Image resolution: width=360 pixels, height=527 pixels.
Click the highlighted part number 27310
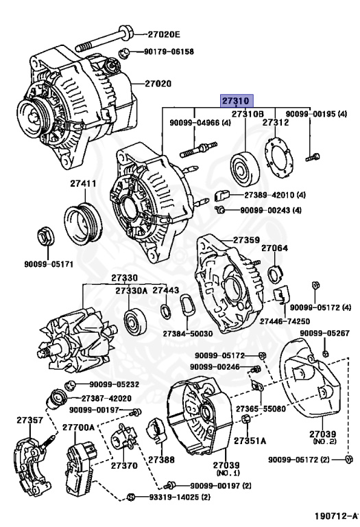coord(236,100)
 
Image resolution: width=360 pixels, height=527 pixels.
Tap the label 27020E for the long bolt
coord(164,34)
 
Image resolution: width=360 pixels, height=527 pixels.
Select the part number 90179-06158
coord(169,51)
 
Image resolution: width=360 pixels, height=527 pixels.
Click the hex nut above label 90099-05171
coord(45,236)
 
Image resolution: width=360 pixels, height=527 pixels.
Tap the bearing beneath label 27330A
coord(135,323)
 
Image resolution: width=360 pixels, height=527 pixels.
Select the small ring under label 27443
coord(165,312)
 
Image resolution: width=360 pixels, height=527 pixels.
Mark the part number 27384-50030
coord(188,333)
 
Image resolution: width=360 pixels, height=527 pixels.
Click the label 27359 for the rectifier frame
coord(246,240)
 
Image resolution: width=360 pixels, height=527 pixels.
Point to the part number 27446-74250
coord(285,321)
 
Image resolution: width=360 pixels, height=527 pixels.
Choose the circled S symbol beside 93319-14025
coord(131,497)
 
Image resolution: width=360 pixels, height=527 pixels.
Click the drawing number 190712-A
coord(337,515)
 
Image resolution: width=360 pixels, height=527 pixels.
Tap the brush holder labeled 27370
coord(124,436)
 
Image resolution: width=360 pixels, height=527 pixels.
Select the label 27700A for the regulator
coord(79,428)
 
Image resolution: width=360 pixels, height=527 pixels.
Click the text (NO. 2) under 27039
coord(324,441)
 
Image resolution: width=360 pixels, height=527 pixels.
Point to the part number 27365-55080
coord(261,409)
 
